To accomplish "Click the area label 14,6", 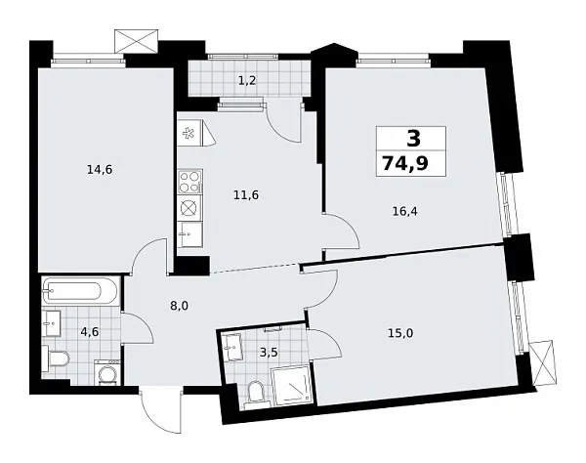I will click(x=99, y=169).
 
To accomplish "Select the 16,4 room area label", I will click(x=402, y=208).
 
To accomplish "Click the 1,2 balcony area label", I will click(x=248, y=79).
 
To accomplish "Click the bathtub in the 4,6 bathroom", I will click(x=81, y=291).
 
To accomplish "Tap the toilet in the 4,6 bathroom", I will click(x=57, y=359).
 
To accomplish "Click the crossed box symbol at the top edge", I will click(x=136, y=41).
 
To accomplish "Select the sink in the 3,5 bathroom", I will click(x=233, y=344).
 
